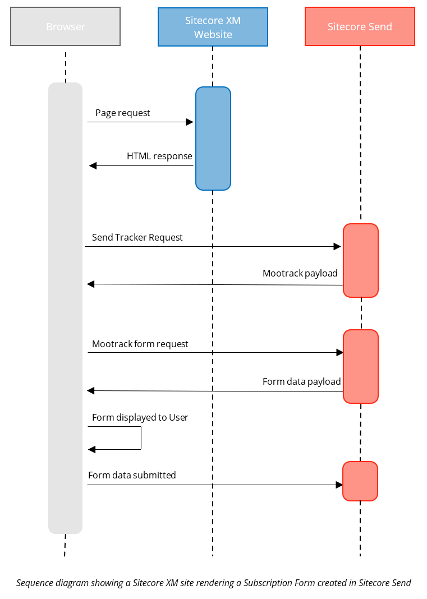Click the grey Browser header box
65,26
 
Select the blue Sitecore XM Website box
213,27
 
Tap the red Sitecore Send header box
360,26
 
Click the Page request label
122,113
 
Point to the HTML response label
159,156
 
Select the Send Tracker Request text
137,237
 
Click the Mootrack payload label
300,273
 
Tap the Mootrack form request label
140,343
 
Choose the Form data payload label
301,381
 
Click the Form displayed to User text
140,417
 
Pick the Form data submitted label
132,475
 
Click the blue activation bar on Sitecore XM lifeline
213,139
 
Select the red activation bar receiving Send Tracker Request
360,260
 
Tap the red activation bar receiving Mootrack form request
360,366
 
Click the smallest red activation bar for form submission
360,481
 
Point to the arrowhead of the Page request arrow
190,122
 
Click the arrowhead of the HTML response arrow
93,165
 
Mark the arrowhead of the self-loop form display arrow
93,449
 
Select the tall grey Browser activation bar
65,308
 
